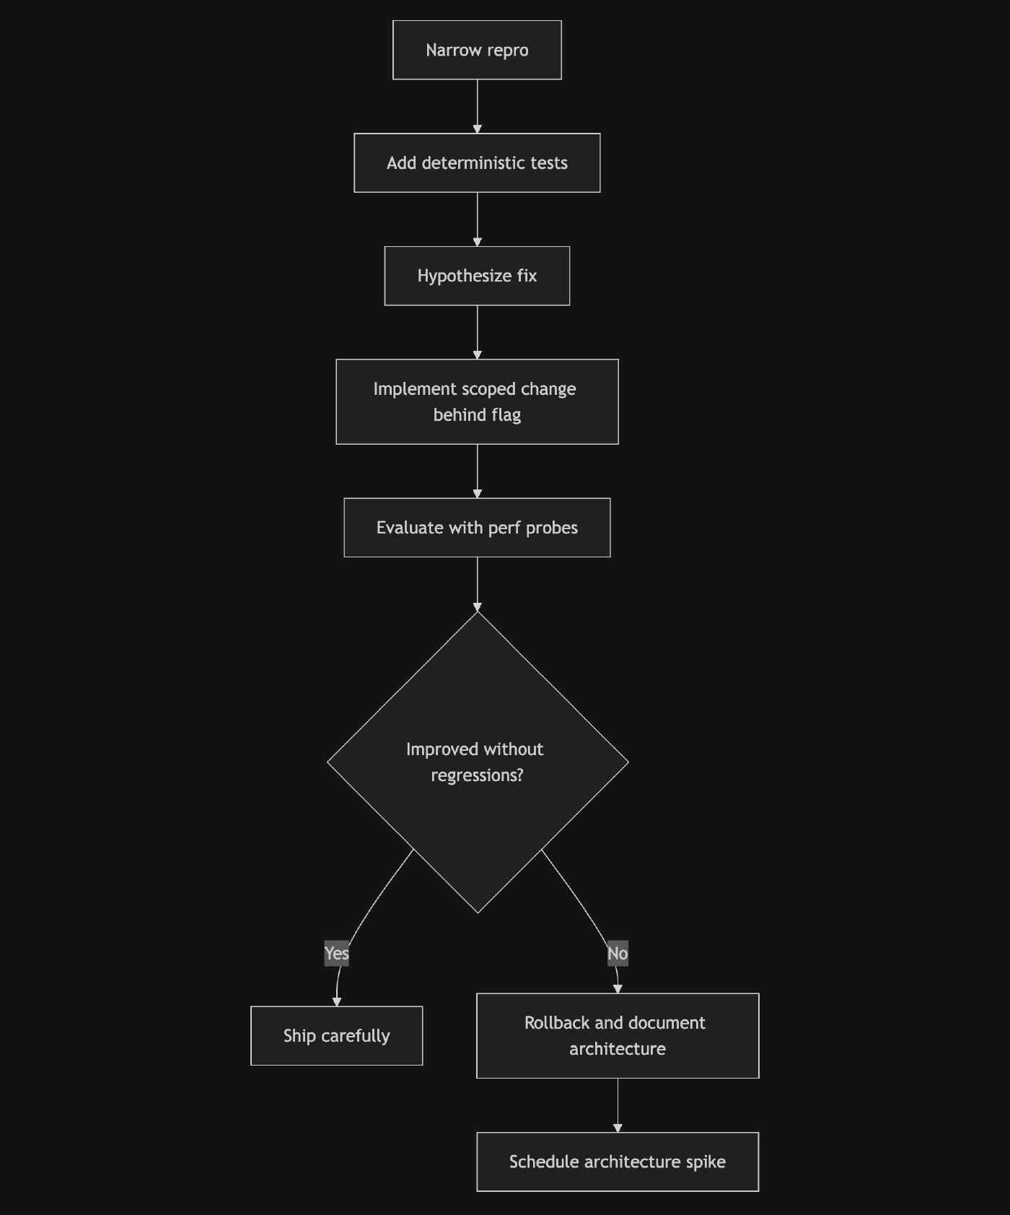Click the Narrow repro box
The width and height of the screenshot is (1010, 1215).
477,50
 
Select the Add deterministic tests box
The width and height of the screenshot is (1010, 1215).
477,162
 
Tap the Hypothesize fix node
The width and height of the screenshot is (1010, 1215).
477,276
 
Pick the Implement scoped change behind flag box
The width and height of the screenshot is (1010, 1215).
477,401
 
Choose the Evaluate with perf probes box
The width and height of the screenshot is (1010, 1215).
477,527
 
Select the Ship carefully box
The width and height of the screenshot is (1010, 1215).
336,1035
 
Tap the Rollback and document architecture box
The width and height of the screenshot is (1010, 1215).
618,1035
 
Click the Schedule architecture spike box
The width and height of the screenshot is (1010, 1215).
618,1162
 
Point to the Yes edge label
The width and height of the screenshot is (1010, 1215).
336,954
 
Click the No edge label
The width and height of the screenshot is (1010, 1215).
618,954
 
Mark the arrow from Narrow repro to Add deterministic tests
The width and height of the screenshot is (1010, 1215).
477,106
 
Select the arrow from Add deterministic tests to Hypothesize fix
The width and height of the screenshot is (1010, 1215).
477,219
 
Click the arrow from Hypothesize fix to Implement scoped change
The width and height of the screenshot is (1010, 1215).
477,332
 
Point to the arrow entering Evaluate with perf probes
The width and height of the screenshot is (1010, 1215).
477,471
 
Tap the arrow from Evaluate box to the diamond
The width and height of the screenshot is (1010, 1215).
477,583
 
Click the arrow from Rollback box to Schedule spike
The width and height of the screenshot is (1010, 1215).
618,1105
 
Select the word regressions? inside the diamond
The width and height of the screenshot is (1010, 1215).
477,775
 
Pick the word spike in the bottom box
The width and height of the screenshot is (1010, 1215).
706,1162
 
